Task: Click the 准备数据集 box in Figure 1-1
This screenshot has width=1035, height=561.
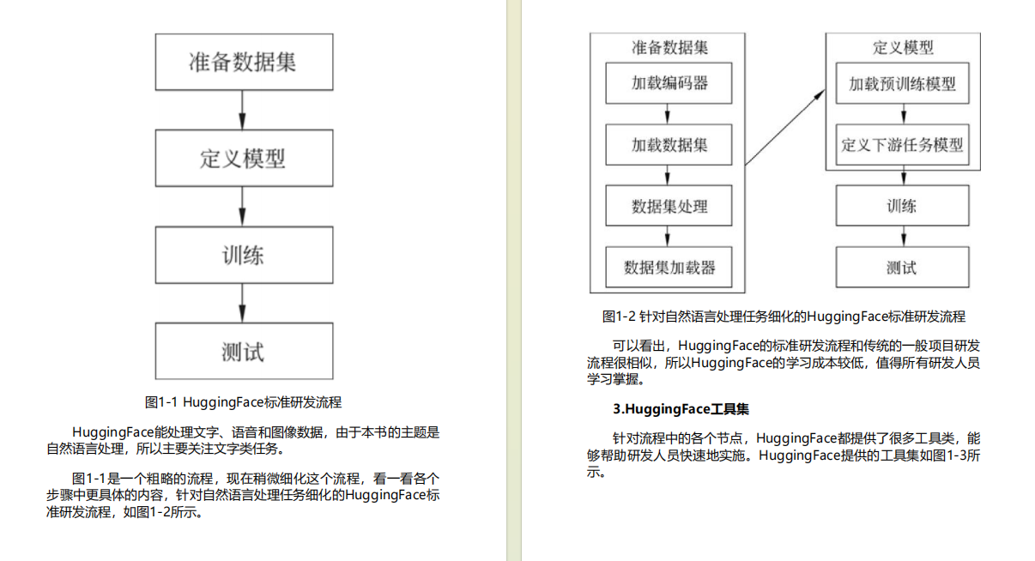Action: coord(244,62)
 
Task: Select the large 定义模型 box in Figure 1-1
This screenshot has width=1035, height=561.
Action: coord(244,158)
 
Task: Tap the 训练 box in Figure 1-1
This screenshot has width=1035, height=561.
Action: coord(244,255)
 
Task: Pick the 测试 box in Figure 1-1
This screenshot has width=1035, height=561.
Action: coord(244,351)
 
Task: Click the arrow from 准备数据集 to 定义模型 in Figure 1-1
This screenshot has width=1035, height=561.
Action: coord(244,110)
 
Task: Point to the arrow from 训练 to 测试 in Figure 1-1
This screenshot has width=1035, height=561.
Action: coord(244,303)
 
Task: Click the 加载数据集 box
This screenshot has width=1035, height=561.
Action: coord(669,145)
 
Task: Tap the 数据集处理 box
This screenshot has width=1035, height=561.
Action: coord(669,206)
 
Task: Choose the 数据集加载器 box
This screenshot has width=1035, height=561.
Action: coord(669,268)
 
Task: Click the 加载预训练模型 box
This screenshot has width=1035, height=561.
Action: coord(902,84)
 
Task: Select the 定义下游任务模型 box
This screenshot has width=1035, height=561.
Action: coord(902,144)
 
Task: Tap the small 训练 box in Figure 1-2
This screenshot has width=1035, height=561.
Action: coord(902,206)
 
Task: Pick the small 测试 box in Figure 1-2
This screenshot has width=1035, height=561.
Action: coord(902,268)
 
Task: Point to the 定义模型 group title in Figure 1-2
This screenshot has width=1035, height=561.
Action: coord(902,47)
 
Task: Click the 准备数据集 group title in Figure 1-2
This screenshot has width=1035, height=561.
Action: coord(669,47)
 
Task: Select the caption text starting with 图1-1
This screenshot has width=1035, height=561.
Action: coord(244,401)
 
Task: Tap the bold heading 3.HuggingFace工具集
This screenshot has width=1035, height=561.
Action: coord(675,408)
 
